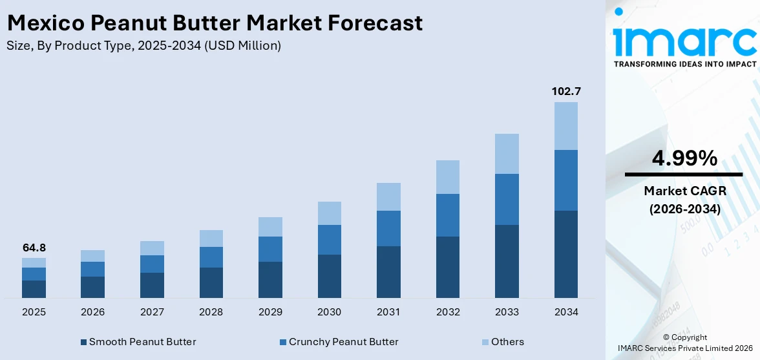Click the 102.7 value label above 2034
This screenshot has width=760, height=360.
pos(565,92)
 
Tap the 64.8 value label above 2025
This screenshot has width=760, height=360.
pos(34,248)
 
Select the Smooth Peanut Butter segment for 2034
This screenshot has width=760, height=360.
pos(565,254)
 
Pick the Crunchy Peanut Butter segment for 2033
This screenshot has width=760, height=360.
pos(507,199)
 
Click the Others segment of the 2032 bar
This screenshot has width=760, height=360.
pos(447,177)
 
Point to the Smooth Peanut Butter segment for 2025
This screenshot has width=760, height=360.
pos(34,289)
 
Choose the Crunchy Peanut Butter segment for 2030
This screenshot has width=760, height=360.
pos(329,240)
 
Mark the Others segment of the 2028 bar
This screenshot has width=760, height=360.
pos(211,238)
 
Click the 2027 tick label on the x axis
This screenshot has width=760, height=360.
pos(152,312)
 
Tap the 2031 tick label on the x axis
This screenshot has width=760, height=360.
pos(388,312)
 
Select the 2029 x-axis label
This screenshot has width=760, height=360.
pos(270,312)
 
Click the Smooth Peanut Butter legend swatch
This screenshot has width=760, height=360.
pos(83,342)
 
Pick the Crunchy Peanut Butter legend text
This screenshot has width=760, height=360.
pos(343,342)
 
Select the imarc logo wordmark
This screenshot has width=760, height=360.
pos(684,40)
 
